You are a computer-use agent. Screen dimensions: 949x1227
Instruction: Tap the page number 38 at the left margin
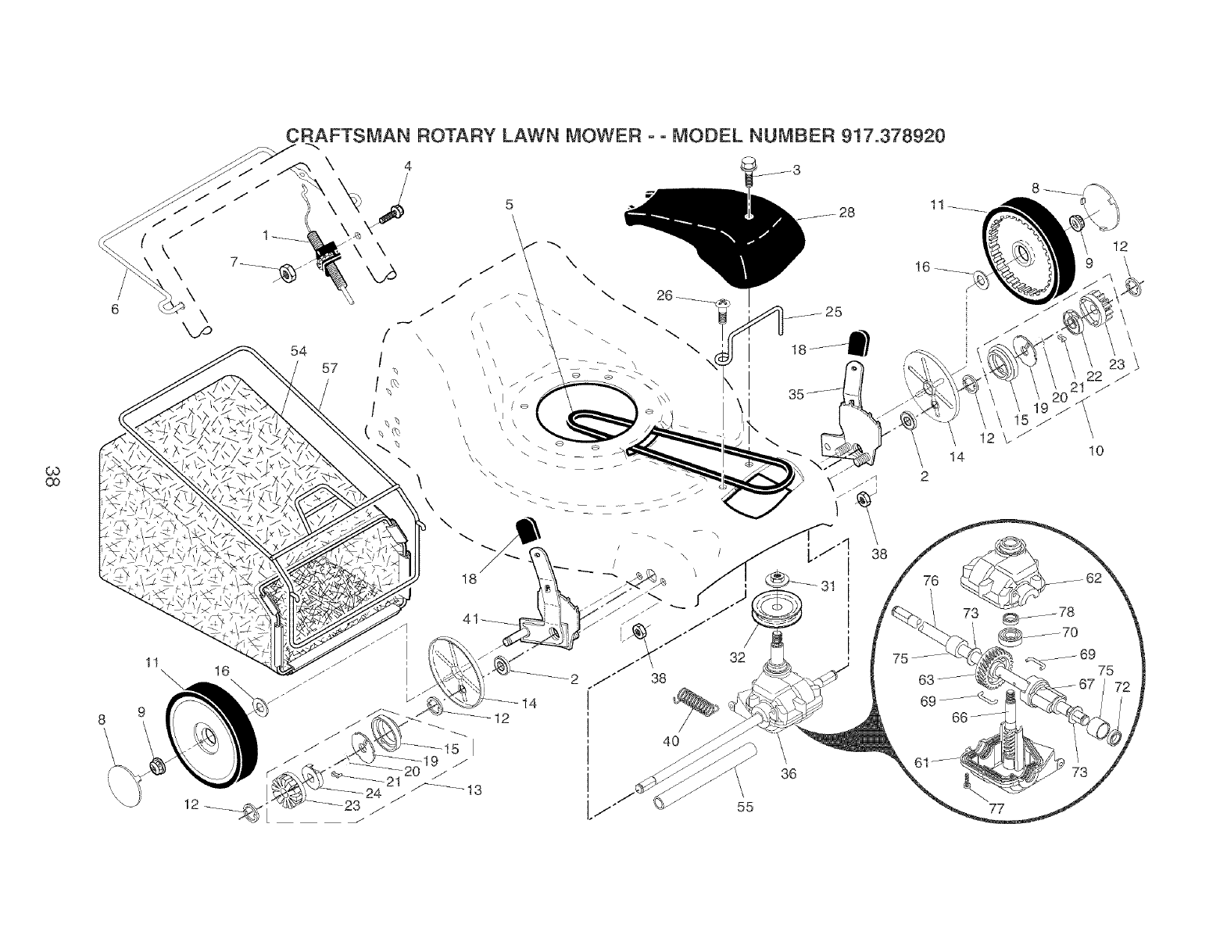pos(52,477)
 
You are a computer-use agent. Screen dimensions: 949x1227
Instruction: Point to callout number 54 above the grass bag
pos(299,351)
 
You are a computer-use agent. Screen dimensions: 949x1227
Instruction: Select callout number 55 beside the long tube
pos(745,807)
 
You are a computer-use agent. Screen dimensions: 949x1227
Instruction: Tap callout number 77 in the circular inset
pos(996,809)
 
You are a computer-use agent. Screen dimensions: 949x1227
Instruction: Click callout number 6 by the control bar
pos(115,309)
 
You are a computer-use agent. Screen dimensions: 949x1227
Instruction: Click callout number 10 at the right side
pos(1096,450)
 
